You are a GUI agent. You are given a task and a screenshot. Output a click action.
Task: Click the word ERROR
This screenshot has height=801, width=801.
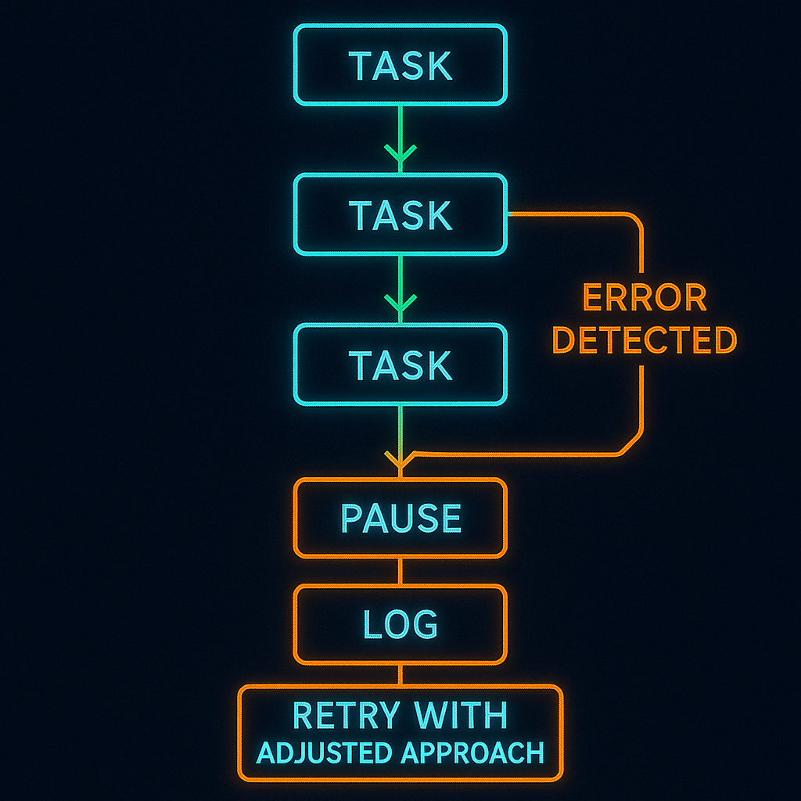coord(645,298)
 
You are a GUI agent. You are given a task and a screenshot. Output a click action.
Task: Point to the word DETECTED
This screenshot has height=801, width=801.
coord(645,340)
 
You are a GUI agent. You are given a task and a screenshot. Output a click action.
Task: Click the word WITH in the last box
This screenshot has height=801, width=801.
coord(462,716)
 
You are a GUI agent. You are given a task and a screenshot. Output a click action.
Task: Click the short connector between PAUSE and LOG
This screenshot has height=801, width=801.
coord(400,571)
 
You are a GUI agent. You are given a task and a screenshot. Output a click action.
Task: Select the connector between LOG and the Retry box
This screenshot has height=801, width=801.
coord(400,675)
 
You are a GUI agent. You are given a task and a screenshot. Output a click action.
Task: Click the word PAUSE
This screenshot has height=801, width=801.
coord(400,518)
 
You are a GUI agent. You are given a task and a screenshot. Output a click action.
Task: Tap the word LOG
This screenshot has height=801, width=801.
coord(400,623)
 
